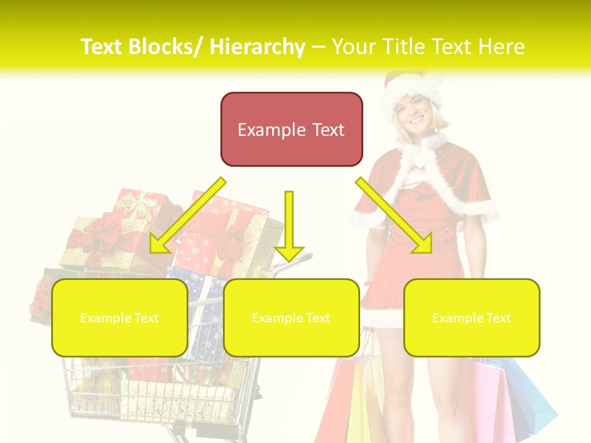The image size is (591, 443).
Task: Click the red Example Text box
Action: tap(291, 129)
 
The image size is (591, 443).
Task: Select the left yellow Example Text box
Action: tap(119, 317)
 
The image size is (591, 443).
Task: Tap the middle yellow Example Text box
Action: tap(291, 317)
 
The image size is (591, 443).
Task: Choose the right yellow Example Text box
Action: tap(472, 317)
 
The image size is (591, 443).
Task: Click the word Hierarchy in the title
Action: tap(257, 47)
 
